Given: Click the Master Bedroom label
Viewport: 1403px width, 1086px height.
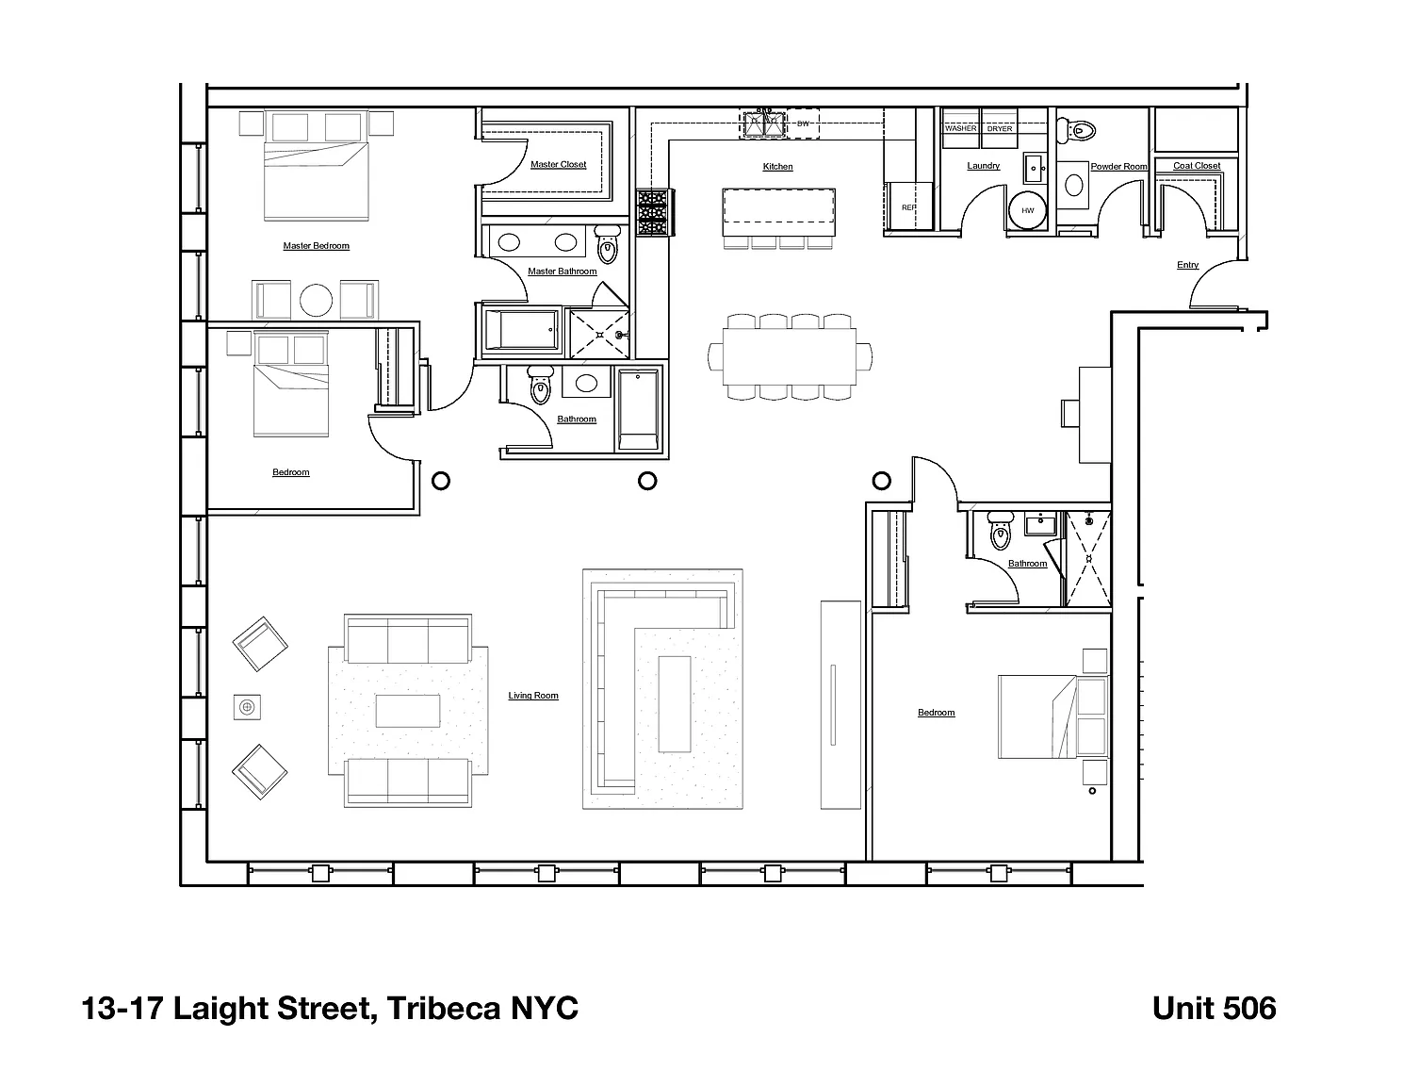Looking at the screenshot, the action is tap(316, 246).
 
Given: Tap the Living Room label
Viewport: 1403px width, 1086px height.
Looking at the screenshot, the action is tap(533, 696).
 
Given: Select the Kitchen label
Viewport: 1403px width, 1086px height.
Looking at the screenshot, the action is tap(777, 167).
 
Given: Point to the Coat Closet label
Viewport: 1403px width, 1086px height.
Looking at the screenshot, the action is tap(1197, 166).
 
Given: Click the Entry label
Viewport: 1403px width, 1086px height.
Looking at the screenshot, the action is tap(1187, 265).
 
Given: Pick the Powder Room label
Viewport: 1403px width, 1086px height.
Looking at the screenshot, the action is tap(1118, 167).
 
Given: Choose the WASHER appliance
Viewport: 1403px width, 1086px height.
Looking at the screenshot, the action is tap(960, 127).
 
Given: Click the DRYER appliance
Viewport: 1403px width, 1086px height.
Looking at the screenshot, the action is tap(1000, 127).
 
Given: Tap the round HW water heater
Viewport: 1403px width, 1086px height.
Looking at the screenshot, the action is tap(1027, 210).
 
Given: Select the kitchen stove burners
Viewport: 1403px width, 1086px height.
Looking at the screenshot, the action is tap(653, 212).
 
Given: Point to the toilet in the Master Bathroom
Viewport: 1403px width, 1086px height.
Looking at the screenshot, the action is tap(608, 247).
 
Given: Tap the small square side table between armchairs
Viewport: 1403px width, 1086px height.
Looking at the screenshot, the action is tap(248, 707).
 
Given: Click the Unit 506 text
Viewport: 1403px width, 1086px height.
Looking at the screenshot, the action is tap(1214, 1009).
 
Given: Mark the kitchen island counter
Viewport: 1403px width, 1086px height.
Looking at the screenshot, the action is tap(779, 212).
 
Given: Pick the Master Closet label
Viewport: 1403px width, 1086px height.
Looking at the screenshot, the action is tap(558, 165).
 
